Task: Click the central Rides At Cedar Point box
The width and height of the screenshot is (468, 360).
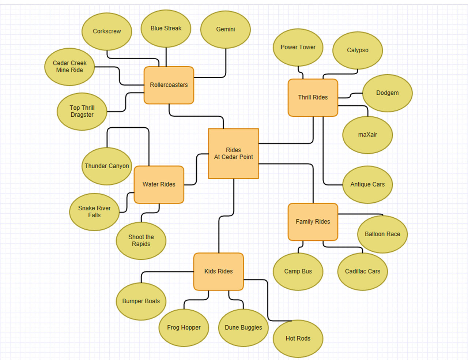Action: click(233, 153)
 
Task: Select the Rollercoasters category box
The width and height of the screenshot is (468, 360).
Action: click(169, 85)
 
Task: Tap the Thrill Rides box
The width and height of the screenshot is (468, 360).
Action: click(313, 97)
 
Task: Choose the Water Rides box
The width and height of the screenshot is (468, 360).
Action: click(159, 184)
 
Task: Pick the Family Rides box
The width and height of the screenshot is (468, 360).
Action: click(313, 222)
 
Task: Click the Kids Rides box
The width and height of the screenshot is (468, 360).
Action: click(218, 271)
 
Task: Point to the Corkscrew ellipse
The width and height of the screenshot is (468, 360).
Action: click(107, 31)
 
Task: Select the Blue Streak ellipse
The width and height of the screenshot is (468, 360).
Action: click(166, 29)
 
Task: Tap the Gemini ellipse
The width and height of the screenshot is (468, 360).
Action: click(226, 29)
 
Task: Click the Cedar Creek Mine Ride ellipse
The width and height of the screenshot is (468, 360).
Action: click(69, 67)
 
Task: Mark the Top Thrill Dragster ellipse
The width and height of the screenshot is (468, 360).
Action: click(82, 111)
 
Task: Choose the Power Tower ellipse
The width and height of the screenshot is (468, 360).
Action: click(298, 47)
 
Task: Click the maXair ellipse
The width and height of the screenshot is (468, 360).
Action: click(367, 135)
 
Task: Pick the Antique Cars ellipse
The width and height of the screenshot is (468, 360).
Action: click(367, 184)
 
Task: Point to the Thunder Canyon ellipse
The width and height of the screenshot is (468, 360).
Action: click(107, 166)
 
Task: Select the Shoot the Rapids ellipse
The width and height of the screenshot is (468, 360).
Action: click(141, 241)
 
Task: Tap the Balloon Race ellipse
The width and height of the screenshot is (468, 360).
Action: click(382, 234)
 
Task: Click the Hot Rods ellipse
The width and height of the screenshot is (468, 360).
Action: click(298, 339)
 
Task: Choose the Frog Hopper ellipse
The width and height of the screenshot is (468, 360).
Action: click(184, 328)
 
